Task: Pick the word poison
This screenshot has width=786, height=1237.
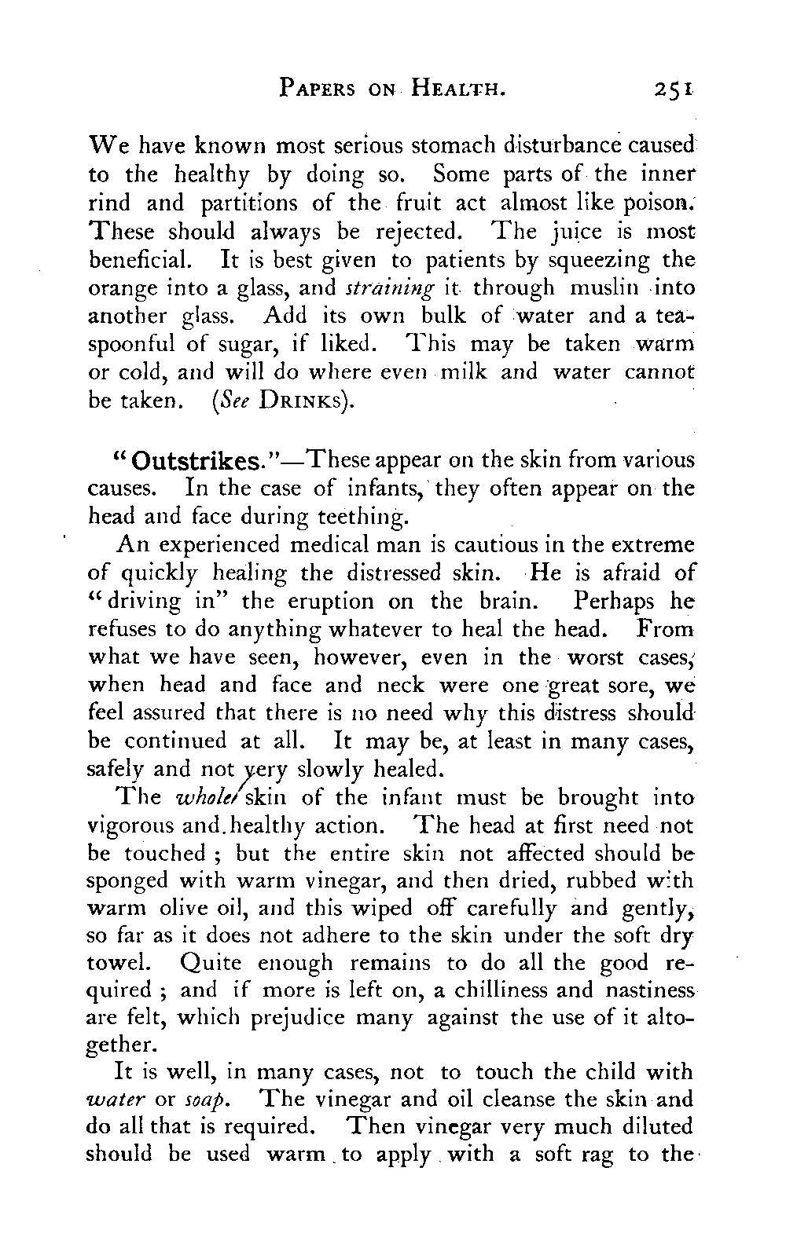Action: [x=659, y=203]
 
